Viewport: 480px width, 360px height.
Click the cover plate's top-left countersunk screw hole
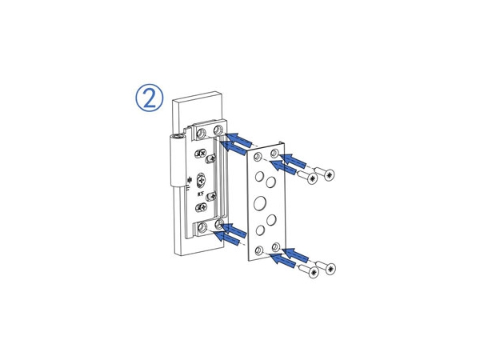[x=258, y=157]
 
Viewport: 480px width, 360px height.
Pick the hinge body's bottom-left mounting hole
[x=199, y=229]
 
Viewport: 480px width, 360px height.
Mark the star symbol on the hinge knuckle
[x=189, y=180]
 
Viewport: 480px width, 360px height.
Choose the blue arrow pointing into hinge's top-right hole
[x=238, y=138]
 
